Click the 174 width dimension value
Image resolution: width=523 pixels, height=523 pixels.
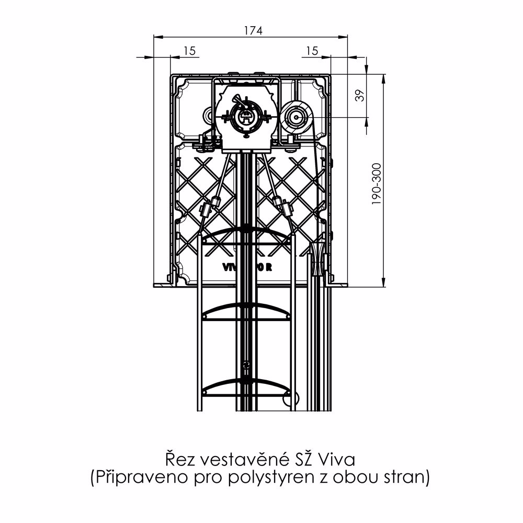point(252,30)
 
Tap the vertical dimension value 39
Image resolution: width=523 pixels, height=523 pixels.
point(359,95)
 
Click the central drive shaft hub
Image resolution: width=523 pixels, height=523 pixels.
point(245,116)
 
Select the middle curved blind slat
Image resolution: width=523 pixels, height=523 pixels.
point(246,311)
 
